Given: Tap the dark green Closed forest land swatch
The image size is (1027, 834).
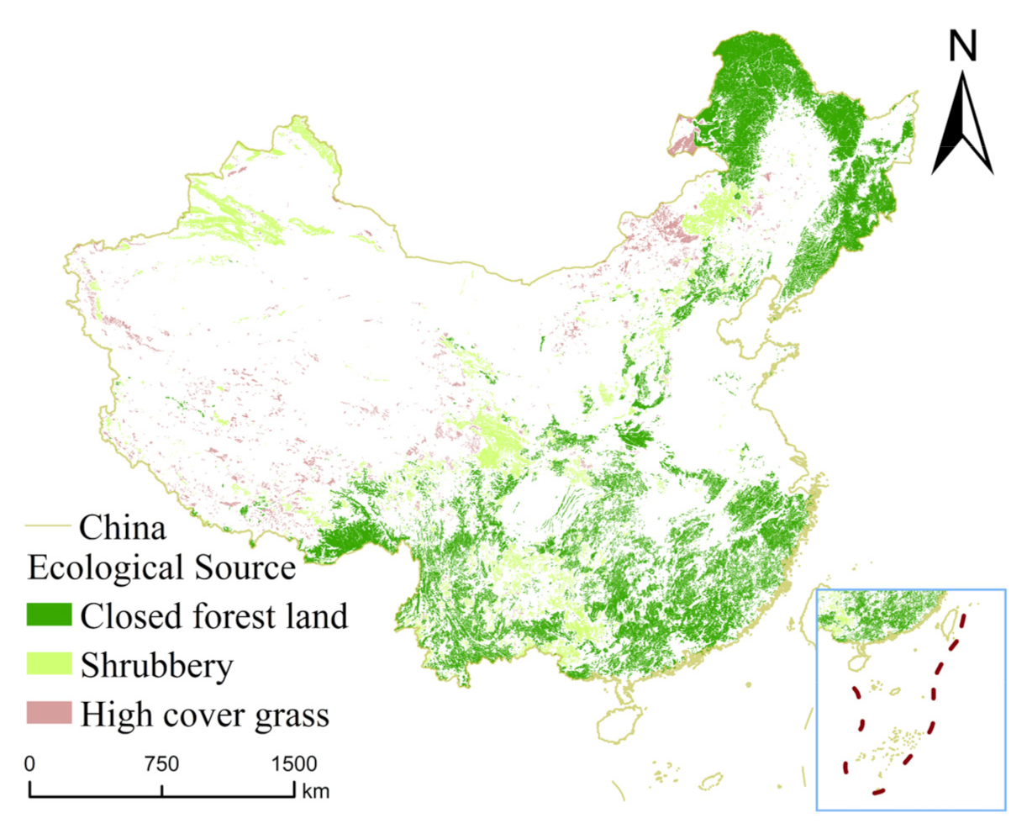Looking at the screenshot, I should [x=50, y=615].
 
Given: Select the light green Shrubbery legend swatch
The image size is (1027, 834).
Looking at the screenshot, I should [x=50, y=665].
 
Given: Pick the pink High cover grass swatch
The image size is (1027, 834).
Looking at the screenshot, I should [x=50, y=714].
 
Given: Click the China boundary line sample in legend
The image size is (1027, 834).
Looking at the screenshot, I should [x=50, y=527].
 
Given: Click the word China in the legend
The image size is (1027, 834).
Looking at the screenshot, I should [x=123, y=528].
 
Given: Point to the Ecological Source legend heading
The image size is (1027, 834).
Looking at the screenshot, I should [x=161, y=567].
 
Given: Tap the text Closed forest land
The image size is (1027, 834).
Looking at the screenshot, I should [x=213, y=616].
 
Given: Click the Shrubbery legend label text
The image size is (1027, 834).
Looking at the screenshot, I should [x=156, y=666].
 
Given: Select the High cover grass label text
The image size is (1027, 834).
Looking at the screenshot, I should [x=204, y=715].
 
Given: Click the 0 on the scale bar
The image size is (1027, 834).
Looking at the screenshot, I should [x=29, y=764].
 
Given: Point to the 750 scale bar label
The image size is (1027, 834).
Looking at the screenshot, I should [x=161, y=764].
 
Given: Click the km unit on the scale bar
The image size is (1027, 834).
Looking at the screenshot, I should [x=316, y=791].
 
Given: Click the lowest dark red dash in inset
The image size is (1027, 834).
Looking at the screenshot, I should [x=878, y=791].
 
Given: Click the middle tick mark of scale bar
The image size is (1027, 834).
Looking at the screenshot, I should [x=161, y=789].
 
